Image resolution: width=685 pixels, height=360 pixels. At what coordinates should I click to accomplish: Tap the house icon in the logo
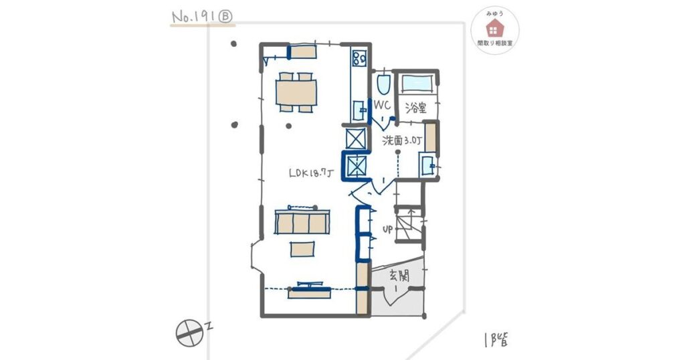(495, 27)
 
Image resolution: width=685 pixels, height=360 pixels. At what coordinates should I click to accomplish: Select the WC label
(382, 106)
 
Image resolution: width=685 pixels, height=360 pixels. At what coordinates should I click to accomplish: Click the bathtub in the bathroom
(418, 83)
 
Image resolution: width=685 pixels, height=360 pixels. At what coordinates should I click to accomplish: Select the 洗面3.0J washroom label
(403, 141)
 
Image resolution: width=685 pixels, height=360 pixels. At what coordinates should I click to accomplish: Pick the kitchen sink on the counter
(358, 108)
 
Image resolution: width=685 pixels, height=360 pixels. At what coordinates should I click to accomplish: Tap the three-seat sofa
(302, 221)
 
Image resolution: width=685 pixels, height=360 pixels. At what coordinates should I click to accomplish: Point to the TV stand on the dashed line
(308, 291)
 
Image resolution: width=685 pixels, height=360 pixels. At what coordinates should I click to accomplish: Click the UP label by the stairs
(387, 229)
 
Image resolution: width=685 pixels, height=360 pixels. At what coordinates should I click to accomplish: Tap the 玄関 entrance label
(399, 274)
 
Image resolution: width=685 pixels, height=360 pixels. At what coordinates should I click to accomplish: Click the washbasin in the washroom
(427, 164)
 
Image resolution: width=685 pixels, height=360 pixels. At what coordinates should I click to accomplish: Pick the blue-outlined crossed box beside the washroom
(355, 165)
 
